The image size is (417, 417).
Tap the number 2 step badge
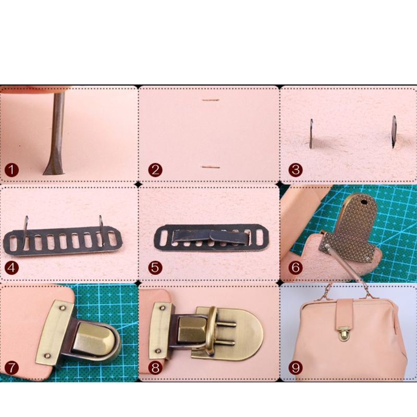(155, 169)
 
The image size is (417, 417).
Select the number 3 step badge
(296, 169)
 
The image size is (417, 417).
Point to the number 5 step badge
(155, 268)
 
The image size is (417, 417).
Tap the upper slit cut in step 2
(210, 100)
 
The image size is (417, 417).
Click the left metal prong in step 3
(311, 133)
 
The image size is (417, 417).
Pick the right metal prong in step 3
(395, 131)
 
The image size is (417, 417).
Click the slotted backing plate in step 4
(63, 242)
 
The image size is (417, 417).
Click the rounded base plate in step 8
(245, 334)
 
